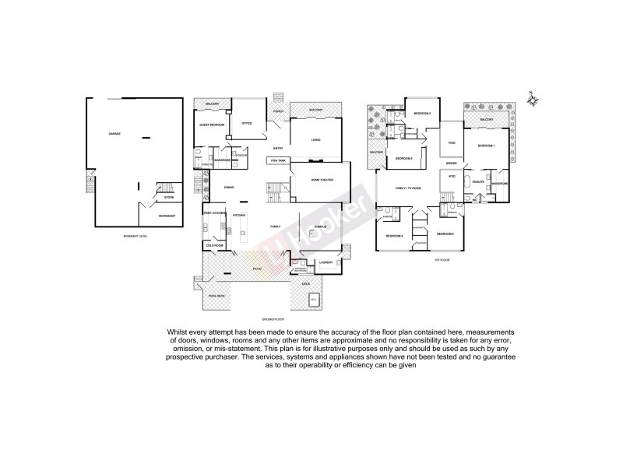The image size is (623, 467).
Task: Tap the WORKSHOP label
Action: [x=167, y=215]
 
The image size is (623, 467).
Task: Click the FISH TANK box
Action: [x=278, y=160]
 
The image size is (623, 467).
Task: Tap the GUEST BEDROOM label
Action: [x=212, y=125]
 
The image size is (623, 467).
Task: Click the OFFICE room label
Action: [x=247, y=123]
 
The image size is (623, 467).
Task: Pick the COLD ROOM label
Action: [x=213, y=245]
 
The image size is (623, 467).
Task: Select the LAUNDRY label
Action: [x=326, y=262]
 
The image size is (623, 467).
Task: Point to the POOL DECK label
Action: [x=216, y=296]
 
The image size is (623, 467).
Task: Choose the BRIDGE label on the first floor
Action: [x=451, y=163]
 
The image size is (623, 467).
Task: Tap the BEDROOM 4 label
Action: [x=395, y=236]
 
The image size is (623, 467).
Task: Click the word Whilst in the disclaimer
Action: [x=178, y=331]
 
